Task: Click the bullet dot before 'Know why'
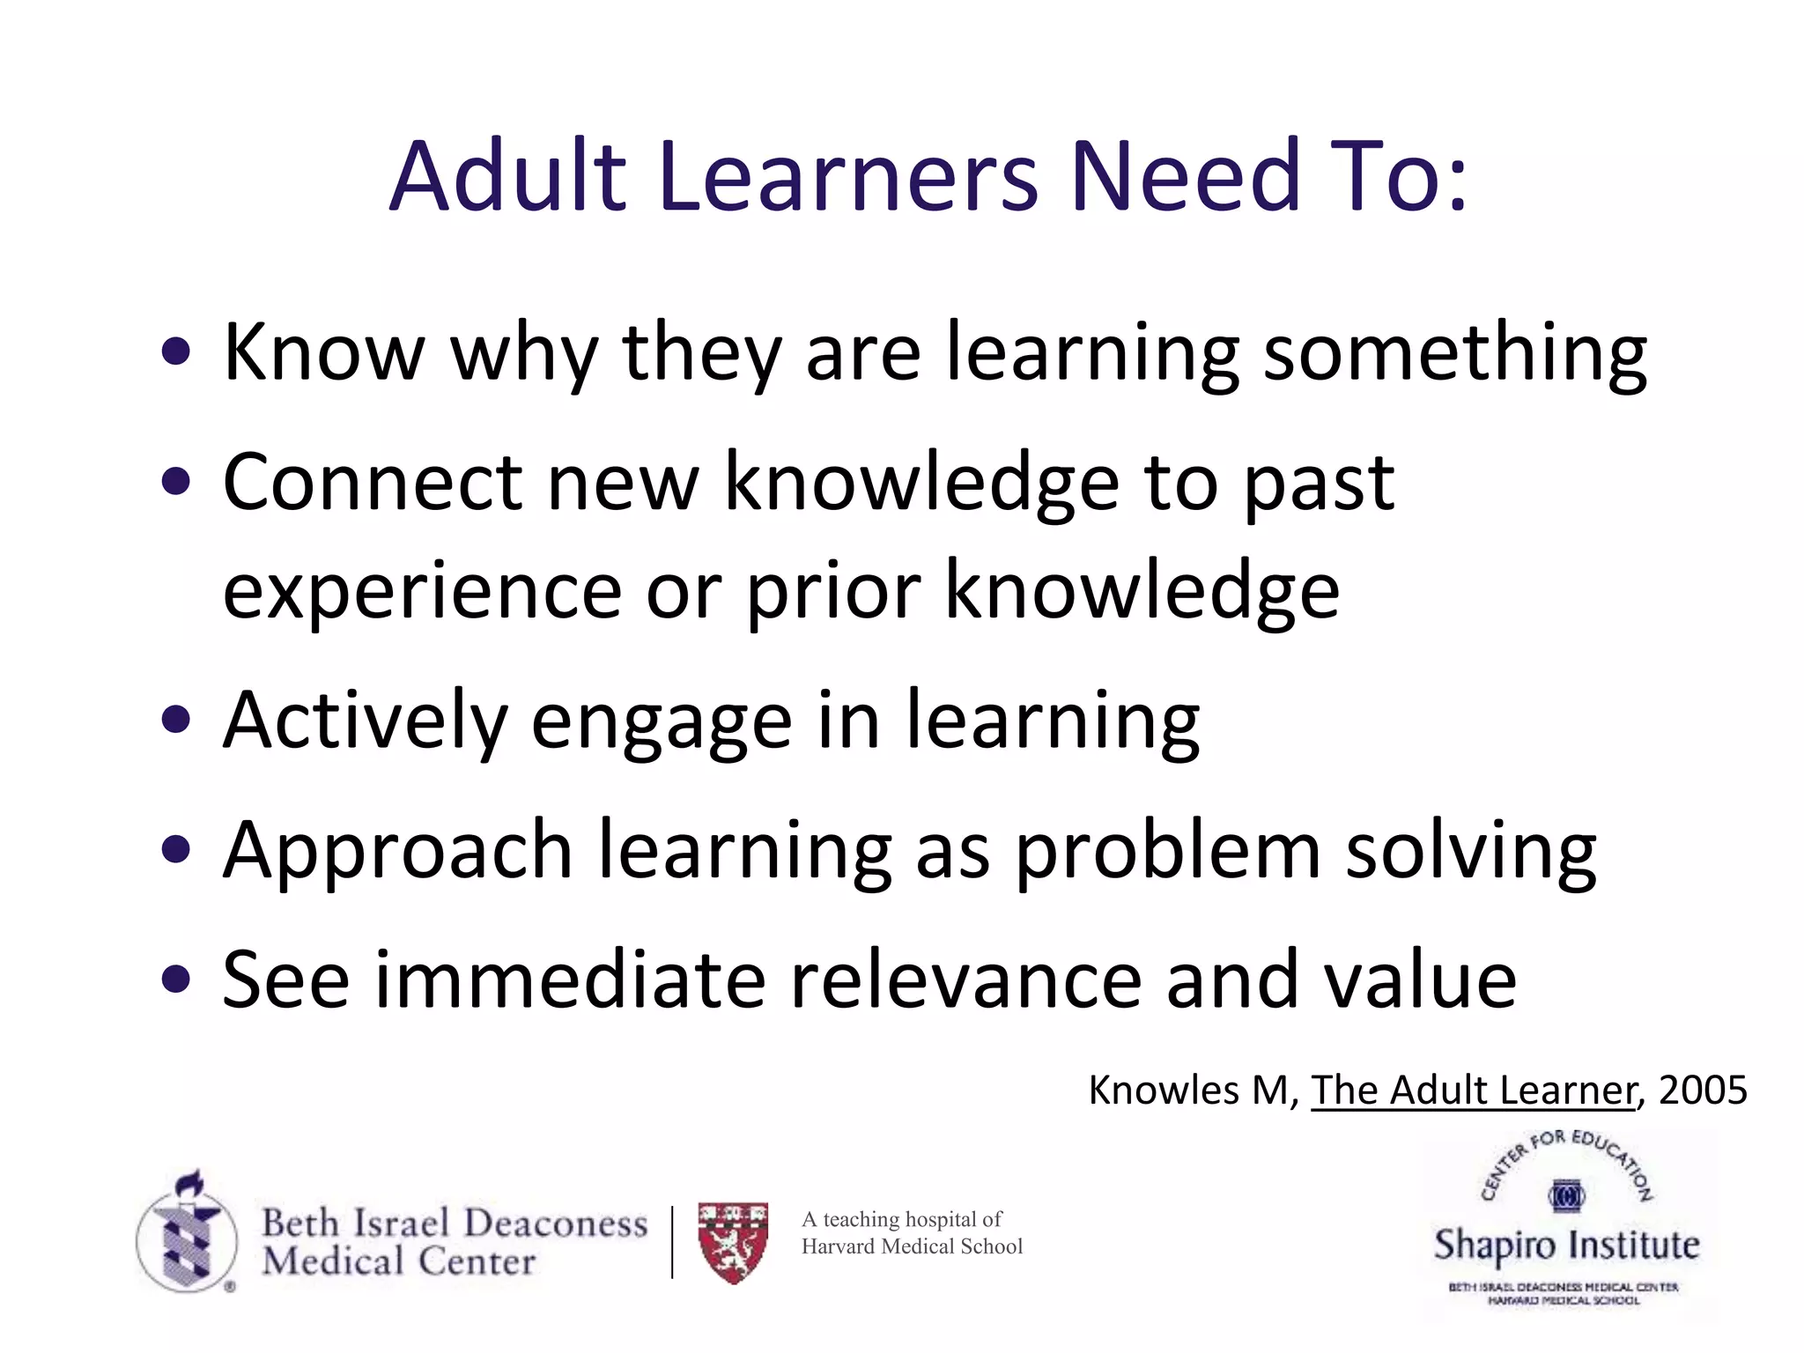click(x=177, y=352)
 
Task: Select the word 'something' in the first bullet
click(x=1455, y=354)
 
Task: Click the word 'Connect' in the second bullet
click(x=373, y=483)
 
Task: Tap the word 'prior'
click(x=833, y=592)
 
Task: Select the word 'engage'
click(x=662, y=724)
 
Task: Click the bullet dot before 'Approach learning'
click(x=177, y=850)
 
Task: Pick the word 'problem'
click(x=1167, y=852)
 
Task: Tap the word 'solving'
click(x=1471, y=852)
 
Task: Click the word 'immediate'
click(x=571, y=980)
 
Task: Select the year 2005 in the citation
click(x=1702, y=1091)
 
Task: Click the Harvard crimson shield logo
click(x=733, y=1241)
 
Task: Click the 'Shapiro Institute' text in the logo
click(x=1566, y=1246)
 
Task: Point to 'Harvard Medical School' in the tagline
click(x=912, y=1246)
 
